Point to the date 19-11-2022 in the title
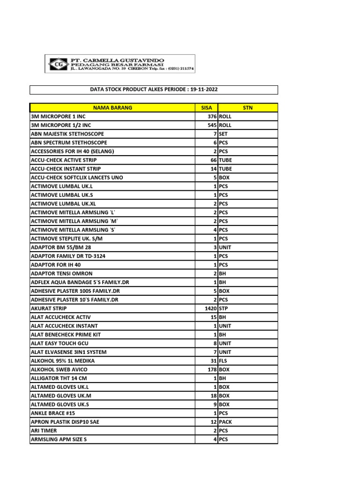pos(204,90)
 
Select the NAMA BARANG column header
pos(112,108)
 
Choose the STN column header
pos(247,108)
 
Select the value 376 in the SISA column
pos(211,117)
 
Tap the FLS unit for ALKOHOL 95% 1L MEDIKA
pos(223,361)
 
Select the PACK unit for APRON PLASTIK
pos(225,422)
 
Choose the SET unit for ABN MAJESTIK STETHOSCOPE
pos(223,134)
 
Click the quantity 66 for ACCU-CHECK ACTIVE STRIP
pos(213,160)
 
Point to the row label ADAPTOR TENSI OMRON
pos(61,273)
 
